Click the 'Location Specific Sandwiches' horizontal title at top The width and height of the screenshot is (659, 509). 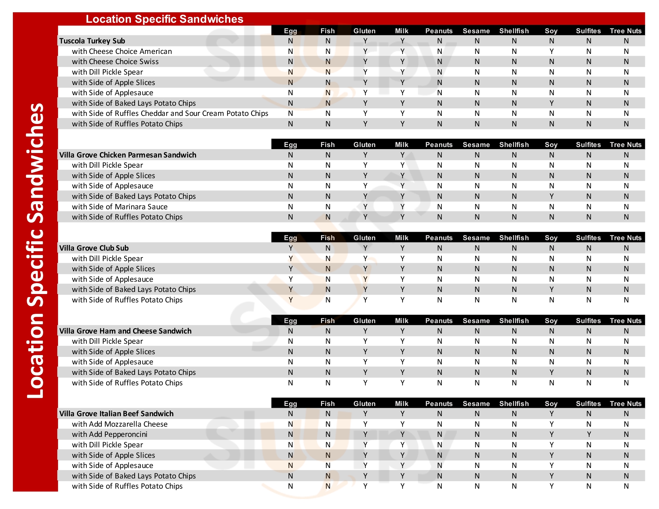click(x=164, y=19)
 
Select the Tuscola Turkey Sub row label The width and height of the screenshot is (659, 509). click(x=92, y=41)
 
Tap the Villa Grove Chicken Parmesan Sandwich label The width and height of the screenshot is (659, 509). click(x=128, y=155)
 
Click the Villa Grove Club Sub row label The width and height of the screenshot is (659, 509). click(x=94, y=248)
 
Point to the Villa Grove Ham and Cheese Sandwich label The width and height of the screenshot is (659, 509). click(x=125, y=331)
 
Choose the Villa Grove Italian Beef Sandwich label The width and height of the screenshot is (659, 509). click(x=116, y=413)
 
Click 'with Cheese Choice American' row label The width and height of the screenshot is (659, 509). click(x=122, y=51)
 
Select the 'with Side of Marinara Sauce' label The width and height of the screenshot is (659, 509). click(x=120, y=207)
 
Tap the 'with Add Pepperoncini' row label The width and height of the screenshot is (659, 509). click(x=110, y=434)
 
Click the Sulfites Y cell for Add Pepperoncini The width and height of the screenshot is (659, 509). click(x=589, y=434)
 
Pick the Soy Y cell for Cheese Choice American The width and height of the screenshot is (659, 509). click(x=551, y=51)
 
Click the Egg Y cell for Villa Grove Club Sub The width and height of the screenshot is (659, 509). click(x=290, y=248)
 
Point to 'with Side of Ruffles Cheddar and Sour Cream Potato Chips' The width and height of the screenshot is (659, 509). click(x=170, y=113)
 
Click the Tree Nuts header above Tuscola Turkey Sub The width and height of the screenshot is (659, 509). click(x=625, y=31)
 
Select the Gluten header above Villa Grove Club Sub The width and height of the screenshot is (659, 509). click(x=365, y=238)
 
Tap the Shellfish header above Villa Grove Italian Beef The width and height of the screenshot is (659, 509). click(x=514, y=404)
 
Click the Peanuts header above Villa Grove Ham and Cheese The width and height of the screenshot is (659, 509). click(x=439, y=321)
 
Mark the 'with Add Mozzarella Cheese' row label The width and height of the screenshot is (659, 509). click(x=120, y=424)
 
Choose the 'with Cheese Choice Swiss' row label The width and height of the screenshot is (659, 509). click(x=115, y=61)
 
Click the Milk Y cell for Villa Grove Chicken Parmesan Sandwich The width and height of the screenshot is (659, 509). click(x=402, y=155)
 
